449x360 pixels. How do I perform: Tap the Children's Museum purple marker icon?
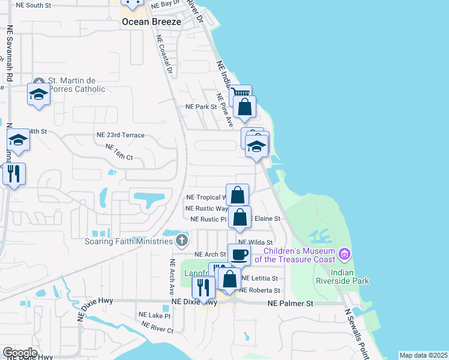click(x=345, y=254)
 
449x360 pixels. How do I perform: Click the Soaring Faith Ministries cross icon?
click(x=182, y=241)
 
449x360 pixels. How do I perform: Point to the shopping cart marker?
click(x=240, y=94)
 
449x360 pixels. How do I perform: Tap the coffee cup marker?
click(x=239, y=254)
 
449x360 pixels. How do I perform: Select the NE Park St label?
click(x=200, y=107)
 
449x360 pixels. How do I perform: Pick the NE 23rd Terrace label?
click(x=121, y=136)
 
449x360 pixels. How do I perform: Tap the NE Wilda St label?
click(x=259, y=242)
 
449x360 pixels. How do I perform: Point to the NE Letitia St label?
click(x=259, y=278)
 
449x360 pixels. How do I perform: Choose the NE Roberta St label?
click(x=260, y=290)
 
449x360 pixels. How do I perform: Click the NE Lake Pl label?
click(x=155, y=315)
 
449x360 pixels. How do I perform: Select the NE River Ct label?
click(x=157, y=328)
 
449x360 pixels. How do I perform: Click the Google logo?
click(x=19, y=353)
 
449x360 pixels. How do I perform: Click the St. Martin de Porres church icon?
click(x=39, y=82)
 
